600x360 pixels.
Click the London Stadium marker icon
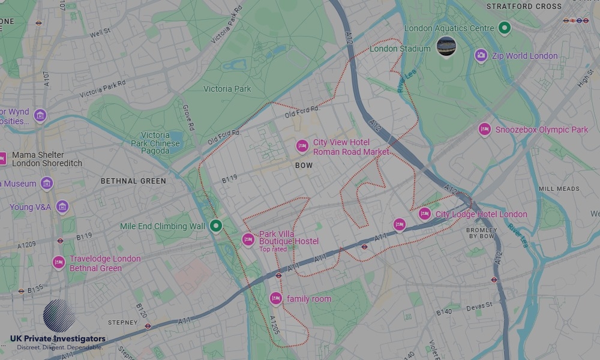(446, 46)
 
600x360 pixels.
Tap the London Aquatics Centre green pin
(505, 28)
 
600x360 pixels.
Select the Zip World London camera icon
(481, 56)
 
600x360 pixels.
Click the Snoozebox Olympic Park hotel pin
(484, 129)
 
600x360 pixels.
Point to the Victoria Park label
(227, 89)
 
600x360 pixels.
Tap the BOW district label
(304, 165)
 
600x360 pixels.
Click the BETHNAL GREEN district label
(133, 181)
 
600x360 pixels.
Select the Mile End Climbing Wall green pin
(216, 226)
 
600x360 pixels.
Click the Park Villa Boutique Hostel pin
(248, 239)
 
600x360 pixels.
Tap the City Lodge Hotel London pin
(425, 214)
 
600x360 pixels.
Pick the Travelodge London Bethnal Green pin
(59, 262)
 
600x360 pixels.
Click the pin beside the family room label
(276, 298)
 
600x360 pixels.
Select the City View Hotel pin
(302, 146)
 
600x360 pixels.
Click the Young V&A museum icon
(62, 207)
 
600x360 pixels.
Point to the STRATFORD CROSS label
(524, 7)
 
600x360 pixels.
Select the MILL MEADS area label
(559, 188)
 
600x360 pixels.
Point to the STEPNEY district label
(123, 322)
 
